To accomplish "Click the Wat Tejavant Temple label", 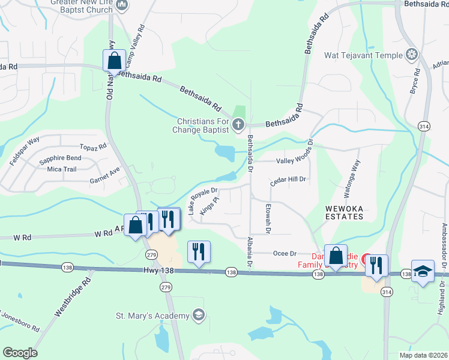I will pyautogui.click(x=363, y=55).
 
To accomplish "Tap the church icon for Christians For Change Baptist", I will pyautogui.click(x=238, y=125).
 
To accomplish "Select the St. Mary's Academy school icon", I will pyautogui.click(x=199, y=315).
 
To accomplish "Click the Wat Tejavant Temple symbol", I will pyautogui.click(x=412, y=55).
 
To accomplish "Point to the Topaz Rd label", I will pyautogui.click(x=93, y=146).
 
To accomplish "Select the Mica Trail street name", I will pyautogui.click(x=62, y=169).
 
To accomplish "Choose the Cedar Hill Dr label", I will pyautogui.click(x=289, y=179).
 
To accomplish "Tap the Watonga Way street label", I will pyautogui.click(x=352, y=178).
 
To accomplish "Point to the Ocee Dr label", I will pyautogui.click(x=285, y=254).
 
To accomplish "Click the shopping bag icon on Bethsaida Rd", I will pyautogui.click(x=114, y=61).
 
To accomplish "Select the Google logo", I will pyautogui.click(x=20, y=353).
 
